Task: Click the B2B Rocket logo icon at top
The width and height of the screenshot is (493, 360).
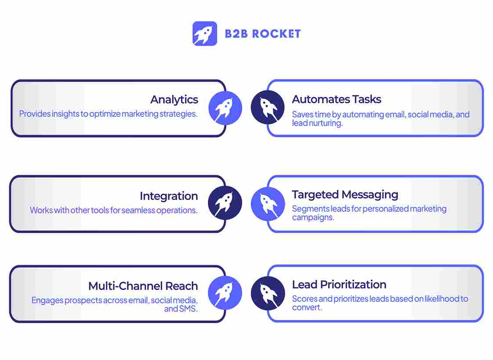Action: click(x=205, y=33)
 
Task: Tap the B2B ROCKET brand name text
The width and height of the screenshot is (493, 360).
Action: click(x=263, y=34)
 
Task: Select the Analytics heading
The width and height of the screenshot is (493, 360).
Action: click(x=174, y=100)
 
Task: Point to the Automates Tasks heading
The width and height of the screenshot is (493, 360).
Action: click(x=337, y=99)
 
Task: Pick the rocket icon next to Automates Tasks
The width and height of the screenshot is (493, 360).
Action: click(x=268, y=107)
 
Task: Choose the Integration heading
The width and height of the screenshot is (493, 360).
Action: click(x=169, y=196)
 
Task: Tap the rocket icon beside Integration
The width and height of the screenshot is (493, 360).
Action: click(x=225, y=203)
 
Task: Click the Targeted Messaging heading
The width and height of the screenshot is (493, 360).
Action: click(x=345, y=194)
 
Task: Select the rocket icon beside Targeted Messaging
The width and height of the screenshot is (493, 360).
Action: click(x=268, y=204)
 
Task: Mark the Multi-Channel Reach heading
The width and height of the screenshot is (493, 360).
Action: click(x=143, y=286)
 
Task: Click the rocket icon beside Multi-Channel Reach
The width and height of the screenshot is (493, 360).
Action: click(x=225, y=293)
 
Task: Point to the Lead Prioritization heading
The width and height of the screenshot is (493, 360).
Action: click(x=339, y=284)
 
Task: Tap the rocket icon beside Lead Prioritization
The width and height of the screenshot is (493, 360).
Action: click(x=268, y=293)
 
